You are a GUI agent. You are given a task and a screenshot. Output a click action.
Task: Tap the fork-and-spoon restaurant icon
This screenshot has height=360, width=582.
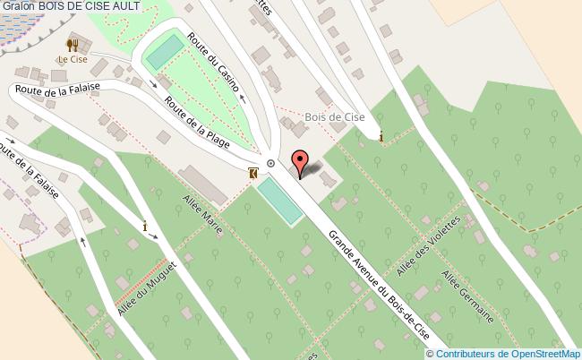coord(72,43)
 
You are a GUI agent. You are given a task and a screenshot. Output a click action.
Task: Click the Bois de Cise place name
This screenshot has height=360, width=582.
coord(334,116)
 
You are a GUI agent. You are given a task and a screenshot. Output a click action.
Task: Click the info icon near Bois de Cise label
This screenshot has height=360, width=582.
coord(382,137)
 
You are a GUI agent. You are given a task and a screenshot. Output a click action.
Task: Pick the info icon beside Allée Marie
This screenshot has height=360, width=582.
coord(145,227)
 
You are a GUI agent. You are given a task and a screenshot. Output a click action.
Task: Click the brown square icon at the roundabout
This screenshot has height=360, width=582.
coord(253,172)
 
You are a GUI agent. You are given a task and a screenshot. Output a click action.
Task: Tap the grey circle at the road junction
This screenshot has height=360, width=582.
coord(270,163)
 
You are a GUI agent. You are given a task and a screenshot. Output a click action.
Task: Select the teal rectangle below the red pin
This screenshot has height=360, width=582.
coord(279,201)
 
